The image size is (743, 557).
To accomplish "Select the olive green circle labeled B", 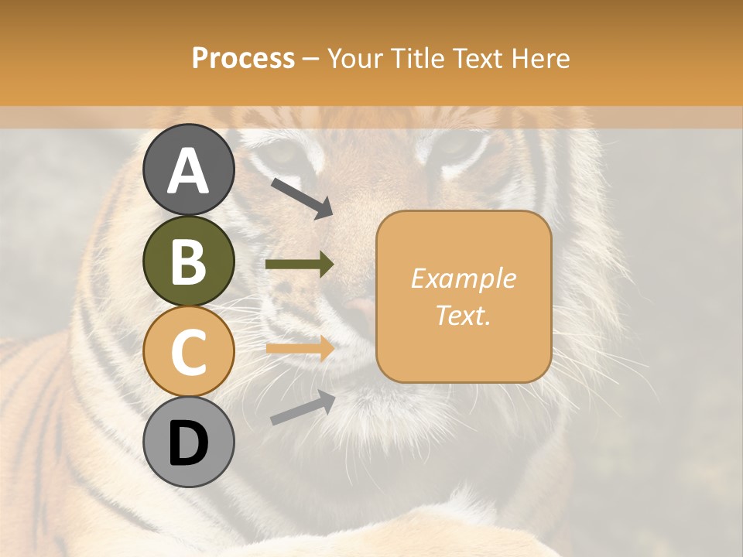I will tap(188, 261).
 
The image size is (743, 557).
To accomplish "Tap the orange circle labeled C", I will tap(188, 352).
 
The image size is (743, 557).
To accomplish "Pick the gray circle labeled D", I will tap(188, 443).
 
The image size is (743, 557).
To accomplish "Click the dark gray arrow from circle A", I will tap(302, 198).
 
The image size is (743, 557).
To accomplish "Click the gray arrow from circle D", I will tap(303, 408).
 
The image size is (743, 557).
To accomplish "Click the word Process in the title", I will tap(243, 59).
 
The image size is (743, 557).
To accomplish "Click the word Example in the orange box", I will tap(463, 278).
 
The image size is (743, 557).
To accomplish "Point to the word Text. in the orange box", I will tap(463, 315).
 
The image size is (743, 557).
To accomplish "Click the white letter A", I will tap(188, 171).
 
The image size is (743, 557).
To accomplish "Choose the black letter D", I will tap(188, 443).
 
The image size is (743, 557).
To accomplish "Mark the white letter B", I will tap(188, 261).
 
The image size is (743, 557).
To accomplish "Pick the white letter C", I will tap(188, 353).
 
